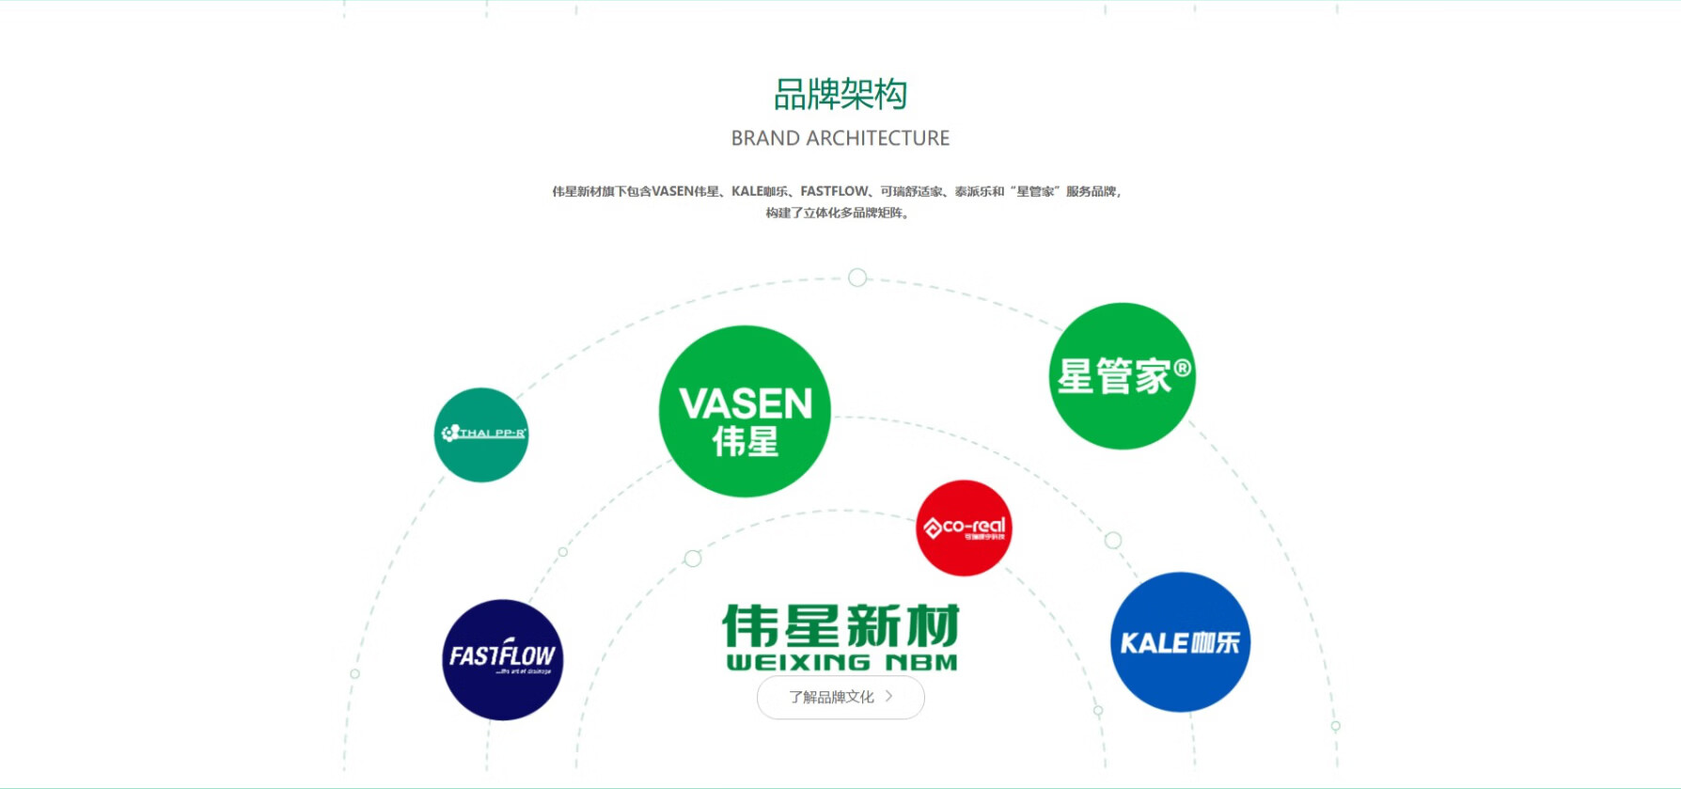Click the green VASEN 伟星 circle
pyautogui.click(x=745, y=411)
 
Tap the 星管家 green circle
pyautogui.click(x=1122, y=376)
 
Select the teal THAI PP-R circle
pyautogui.click(x=481, y=434)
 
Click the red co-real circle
pyautogui.click(x=964, y=528)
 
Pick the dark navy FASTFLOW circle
pyautogui.click(x=503, y=659)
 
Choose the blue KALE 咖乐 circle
pyautogui.click(x=1180, y=642)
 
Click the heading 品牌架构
pyautogui.click(x=840, y=94)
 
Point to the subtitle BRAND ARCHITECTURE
pyautogui.click(x=840, y=138)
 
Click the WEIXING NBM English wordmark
pyautogui.click(x=841, y=663)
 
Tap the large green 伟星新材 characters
pyautogui.click(x=841, y=625)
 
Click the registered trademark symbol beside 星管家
pyautogui.click(x=1182, y=368)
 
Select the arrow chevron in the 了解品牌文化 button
pyautogui.click(x=888, y=696)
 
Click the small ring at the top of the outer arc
pyautogui.click(x=857, y=277)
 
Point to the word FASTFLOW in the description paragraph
pyautogui.click(x=834, y=191)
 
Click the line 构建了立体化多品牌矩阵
pyautogui.click(x=837, y=213)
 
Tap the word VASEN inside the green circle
pyautogui.click(x=746, y=403)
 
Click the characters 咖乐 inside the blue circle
pyautogui.click(x=1215, y=643)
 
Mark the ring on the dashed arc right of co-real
pyautogui.click(x=1113, y=540)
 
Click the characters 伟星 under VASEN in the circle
pyautogui.click(x=746, y=441)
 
